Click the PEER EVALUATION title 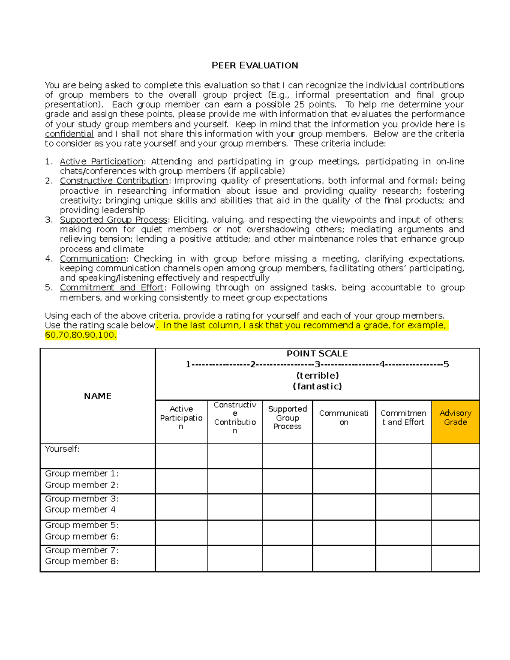click(x=255, y=65)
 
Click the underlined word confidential click(x=69, y=134)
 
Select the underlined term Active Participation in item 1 click(x=102, y=161)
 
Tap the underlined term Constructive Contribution click(x=114, y=181)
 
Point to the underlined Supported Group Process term click(x=113, y=220)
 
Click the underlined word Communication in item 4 click(x=93, y=259)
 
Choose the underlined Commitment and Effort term click(x=112, y=288)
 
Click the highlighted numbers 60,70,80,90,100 click(x=80, y=335)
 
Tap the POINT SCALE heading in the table click(x=317, y=354)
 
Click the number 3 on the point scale click(x=317, y=364)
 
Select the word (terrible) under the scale click(x=317, y=375)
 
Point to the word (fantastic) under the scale click(x=317, y=386)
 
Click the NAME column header click(x=97, y=396)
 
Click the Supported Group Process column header click(x=287, y=418)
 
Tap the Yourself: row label click(x=62, y=449)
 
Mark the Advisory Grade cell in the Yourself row click(x=455, y=456)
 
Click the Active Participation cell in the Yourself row click(x=181, y=456)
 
